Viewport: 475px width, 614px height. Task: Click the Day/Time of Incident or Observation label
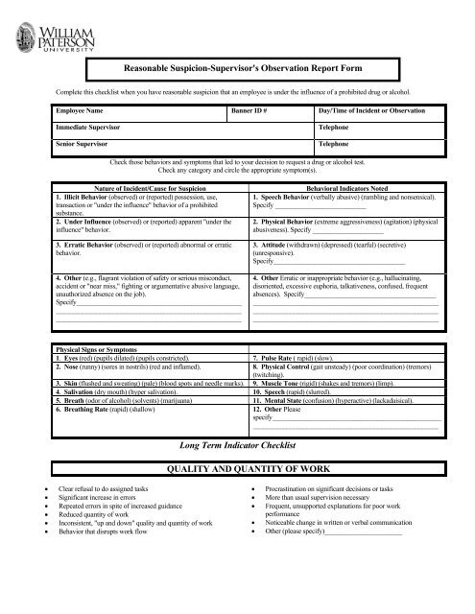[x=369, y=112]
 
